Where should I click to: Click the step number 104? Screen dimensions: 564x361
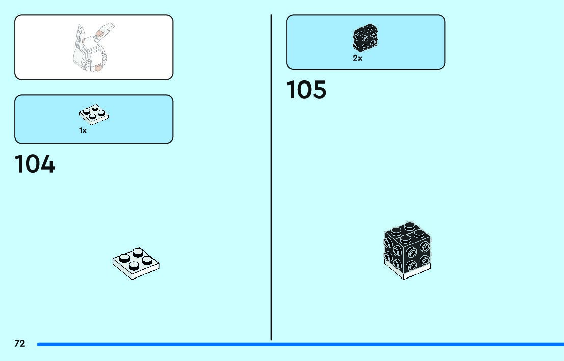coord(35,164)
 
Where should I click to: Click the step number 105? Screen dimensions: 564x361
coord(306,91)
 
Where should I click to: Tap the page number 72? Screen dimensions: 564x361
coord(19,344)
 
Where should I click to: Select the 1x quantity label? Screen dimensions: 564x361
coord(83,131)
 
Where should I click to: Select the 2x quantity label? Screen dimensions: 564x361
coord(357,58)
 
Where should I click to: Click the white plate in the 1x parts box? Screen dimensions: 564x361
coord(94,115)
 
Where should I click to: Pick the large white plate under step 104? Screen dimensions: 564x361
coord(136,263)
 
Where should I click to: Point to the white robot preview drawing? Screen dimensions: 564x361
coord(92,48)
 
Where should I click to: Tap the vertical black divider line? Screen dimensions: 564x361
coord(271,178)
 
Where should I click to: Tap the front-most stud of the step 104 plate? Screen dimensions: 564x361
coord(134,265)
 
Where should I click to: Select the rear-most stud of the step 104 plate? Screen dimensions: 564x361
coord(136,252)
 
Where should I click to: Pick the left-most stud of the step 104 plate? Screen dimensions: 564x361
coord(122,258)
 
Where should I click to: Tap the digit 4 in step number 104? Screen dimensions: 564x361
coord(46,164)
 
